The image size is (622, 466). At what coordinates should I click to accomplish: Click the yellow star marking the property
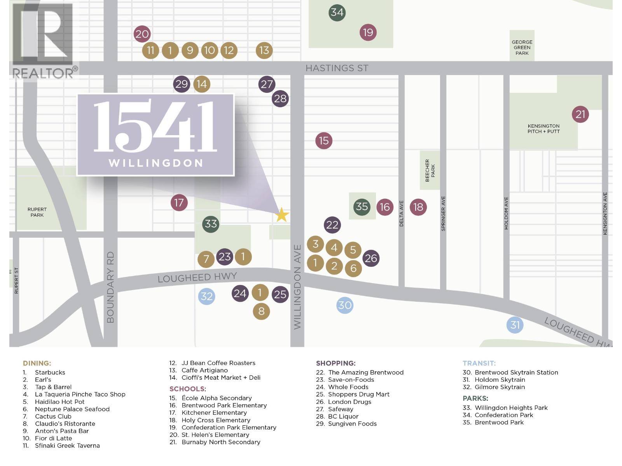tap(282, 215)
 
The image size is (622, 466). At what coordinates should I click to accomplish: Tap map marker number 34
tap(337, 12)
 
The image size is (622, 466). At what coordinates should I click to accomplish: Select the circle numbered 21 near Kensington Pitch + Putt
tap(580, 115)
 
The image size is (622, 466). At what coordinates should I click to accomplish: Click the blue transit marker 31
tap(515, 325)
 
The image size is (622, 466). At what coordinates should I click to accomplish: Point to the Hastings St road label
tap(337, 68)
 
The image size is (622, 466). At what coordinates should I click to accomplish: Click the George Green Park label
tap(522, 48)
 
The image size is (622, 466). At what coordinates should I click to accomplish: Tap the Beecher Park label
tap(430, 170)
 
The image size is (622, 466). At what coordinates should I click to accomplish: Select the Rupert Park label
tap(37, 212)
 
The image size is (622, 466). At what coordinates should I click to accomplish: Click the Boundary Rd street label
tap(110, 287)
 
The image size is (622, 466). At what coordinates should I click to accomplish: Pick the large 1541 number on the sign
tap(155, 127)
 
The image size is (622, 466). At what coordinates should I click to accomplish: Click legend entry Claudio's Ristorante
tap(65, 424)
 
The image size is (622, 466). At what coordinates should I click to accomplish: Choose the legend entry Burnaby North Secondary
tap(220, 442)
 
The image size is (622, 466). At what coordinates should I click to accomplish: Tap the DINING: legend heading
tap(37, 363)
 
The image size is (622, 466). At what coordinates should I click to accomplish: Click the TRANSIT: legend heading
tap(479, 363)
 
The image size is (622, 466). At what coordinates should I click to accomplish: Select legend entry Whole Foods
tap(348, 387)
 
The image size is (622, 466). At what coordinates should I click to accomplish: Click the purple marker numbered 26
tap(371, 258)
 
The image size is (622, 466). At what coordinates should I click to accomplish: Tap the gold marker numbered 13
tap(264, 50)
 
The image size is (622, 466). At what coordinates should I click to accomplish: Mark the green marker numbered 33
tap(211, 224)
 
